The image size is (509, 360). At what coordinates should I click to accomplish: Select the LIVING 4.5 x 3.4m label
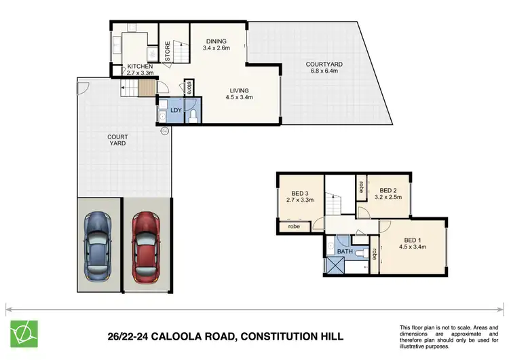click(238, 94)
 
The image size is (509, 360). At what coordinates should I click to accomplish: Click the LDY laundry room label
click(176, 109)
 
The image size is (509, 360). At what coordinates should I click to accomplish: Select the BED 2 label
click(388, 194)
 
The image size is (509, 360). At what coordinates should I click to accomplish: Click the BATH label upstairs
click(345, 251)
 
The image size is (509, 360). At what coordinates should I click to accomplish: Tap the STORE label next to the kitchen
click(167, 52)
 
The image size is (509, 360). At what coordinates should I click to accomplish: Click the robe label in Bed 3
click(294, 226)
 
